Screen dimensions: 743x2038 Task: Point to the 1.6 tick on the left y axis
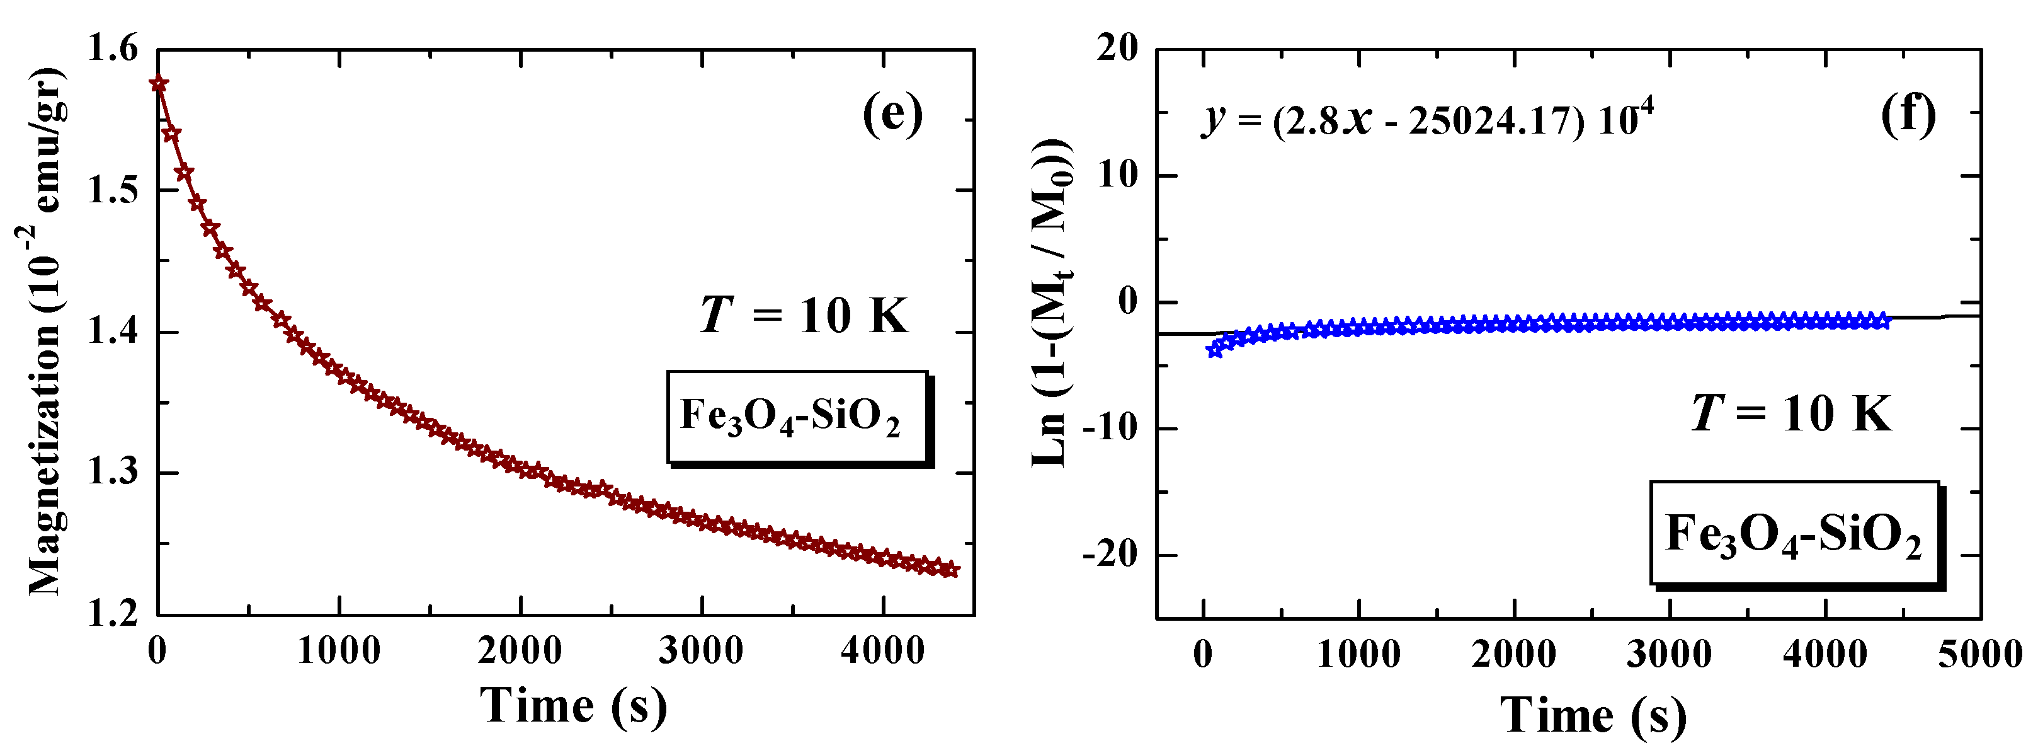point(111,50)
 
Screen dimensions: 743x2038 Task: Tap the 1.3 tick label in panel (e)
point(111,473)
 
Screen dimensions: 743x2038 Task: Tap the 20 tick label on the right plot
point(1117,49)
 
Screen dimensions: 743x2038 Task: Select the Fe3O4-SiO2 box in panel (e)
point(797,417)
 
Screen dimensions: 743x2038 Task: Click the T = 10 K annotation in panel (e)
point(804,316)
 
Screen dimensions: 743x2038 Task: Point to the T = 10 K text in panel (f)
point(1791,413)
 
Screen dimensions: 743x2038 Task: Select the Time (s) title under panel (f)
point(1593,716)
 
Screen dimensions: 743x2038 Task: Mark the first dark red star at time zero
point(159,83)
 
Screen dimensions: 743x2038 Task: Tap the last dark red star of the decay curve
point(952,570)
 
